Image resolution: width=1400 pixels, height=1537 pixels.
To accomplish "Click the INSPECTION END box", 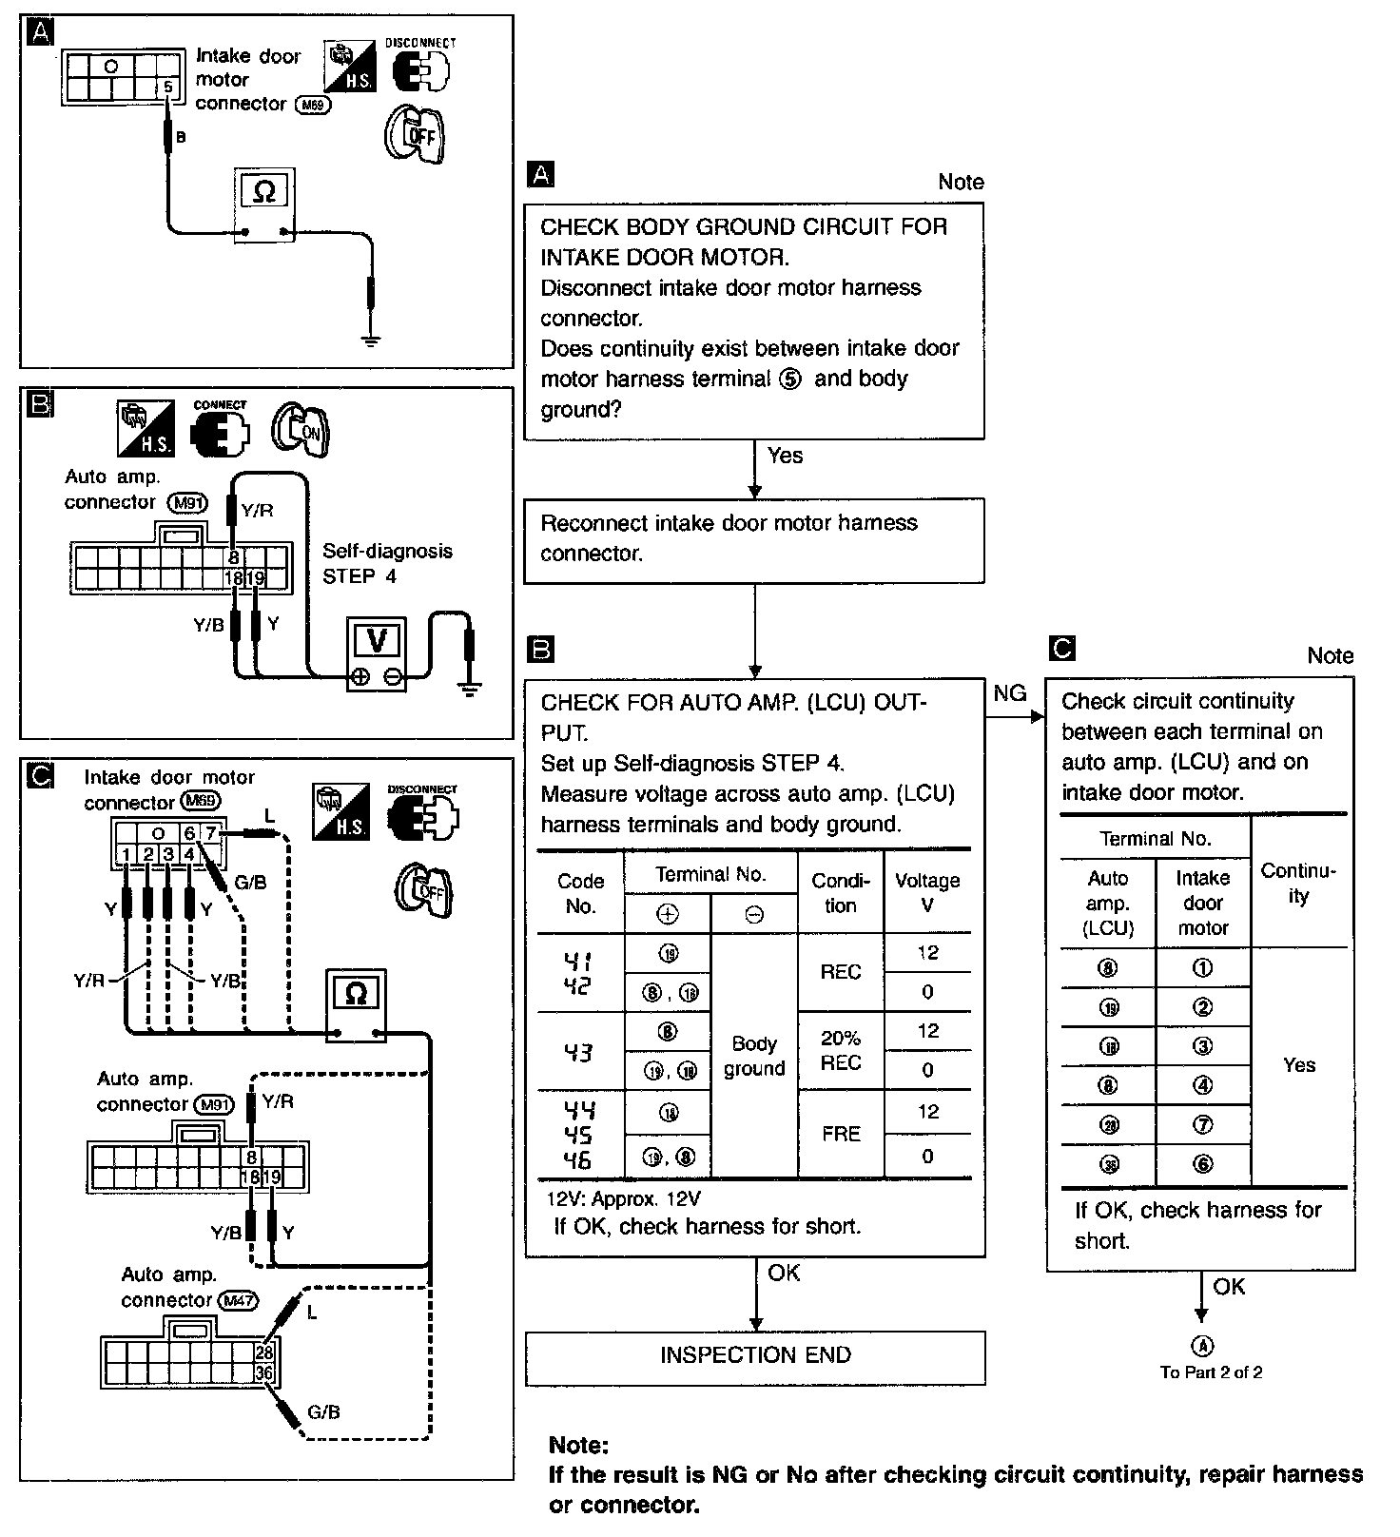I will (755, 1355).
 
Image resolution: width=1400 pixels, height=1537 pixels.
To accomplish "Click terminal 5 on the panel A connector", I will (167, 88).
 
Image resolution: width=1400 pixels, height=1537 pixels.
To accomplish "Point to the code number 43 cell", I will (579, 1051).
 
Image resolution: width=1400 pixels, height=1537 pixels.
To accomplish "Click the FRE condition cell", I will (841, 1134).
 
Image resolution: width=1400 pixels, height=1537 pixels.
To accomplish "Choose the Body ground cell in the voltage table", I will (754, 1056).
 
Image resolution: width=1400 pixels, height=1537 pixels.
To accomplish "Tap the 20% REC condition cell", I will (841, 1050).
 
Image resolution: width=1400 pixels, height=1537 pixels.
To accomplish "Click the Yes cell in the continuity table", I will (1299, 1065).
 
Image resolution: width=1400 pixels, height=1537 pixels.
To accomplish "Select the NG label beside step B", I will (1009, 693).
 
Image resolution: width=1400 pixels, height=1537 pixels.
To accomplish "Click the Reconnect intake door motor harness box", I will (754, 539).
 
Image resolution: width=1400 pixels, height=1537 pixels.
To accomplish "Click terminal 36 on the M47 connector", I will (264, 1372).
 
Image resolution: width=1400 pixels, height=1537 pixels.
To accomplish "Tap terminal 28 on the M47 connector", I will (264, 1352).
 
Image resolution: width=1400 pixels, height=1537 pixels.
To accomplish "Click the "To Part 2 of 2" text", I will (1211, 1372).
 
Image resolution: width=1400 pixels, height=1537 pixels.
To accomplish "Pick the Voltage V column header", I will (927, 892).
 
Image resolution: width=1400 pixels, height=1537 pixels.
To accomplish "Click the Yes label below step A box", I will (785, 456).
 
